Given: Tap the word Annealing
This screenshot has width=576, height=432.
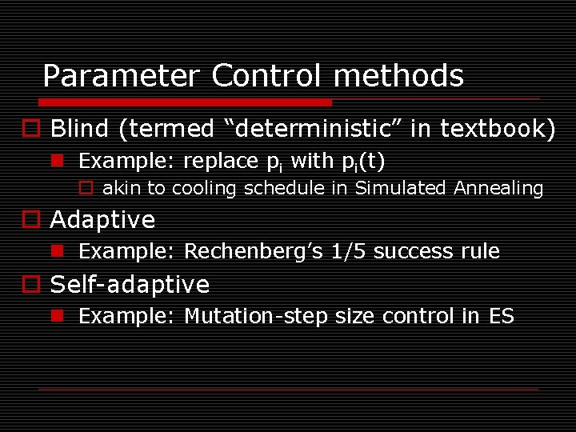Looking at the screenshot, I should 498,189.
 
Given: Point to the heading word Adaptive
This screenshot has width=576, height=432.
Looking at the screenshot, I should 102,219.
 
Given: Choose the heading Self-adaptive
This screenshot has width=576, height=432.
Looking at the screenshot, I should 130,285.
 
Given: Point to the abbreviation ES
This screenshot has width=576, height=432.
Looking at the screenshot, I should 501,317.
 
